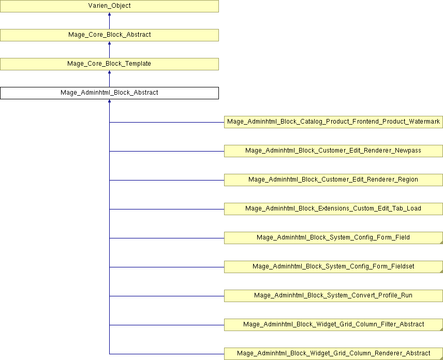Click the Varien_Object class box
(x=109, y=6)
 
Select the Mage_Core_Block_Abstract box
(x=109, y=35)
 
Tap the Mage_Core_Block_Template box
(x=109, y=64)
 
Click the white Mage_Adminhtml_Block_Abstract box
(x=109, y=93)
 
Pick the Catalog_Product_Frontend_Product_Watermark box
(x=333, y=122)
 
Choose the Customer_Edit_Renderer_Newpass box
(x=333, y=151)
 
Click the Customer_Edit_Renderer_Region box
(x=333, y=180)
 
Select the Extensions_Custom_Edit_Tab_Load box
(x=333, y=209)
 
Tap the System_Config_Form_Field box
(x=333, y=238)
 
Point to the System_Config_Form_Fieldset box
(x=333, y=267)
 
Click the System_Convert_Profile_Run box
(x=333, y=296)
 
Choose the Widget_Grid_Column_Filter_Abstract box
(x=333, y=325)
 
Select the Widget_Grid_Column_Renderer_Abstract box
(x=333, y=354)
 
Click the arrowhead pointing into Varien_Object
(x=109, y=14)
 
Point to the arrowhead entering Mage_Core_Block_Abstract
(x=109, y=43)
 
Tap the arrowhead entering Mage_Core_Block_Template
(x=109, y=72)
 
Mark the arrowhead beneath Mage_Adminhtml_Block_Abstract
(x=109, y=101)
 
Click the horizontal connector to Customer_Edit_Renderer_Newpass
(x=167, y=152)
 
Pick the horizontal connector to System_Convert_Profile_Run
(x=167, y=296)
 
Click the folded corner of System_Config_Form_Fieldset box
(x=441, y=272)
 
